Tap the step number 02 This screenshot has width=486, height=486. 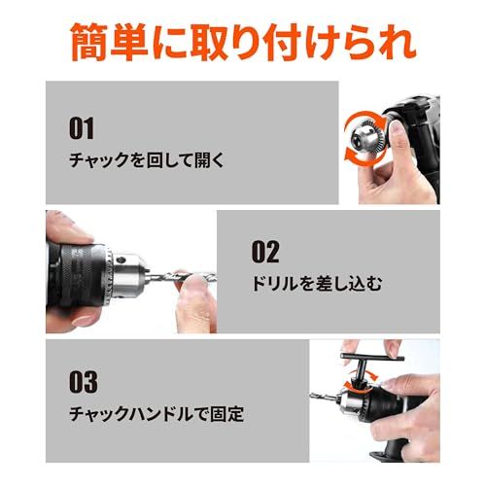[266, 253]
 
